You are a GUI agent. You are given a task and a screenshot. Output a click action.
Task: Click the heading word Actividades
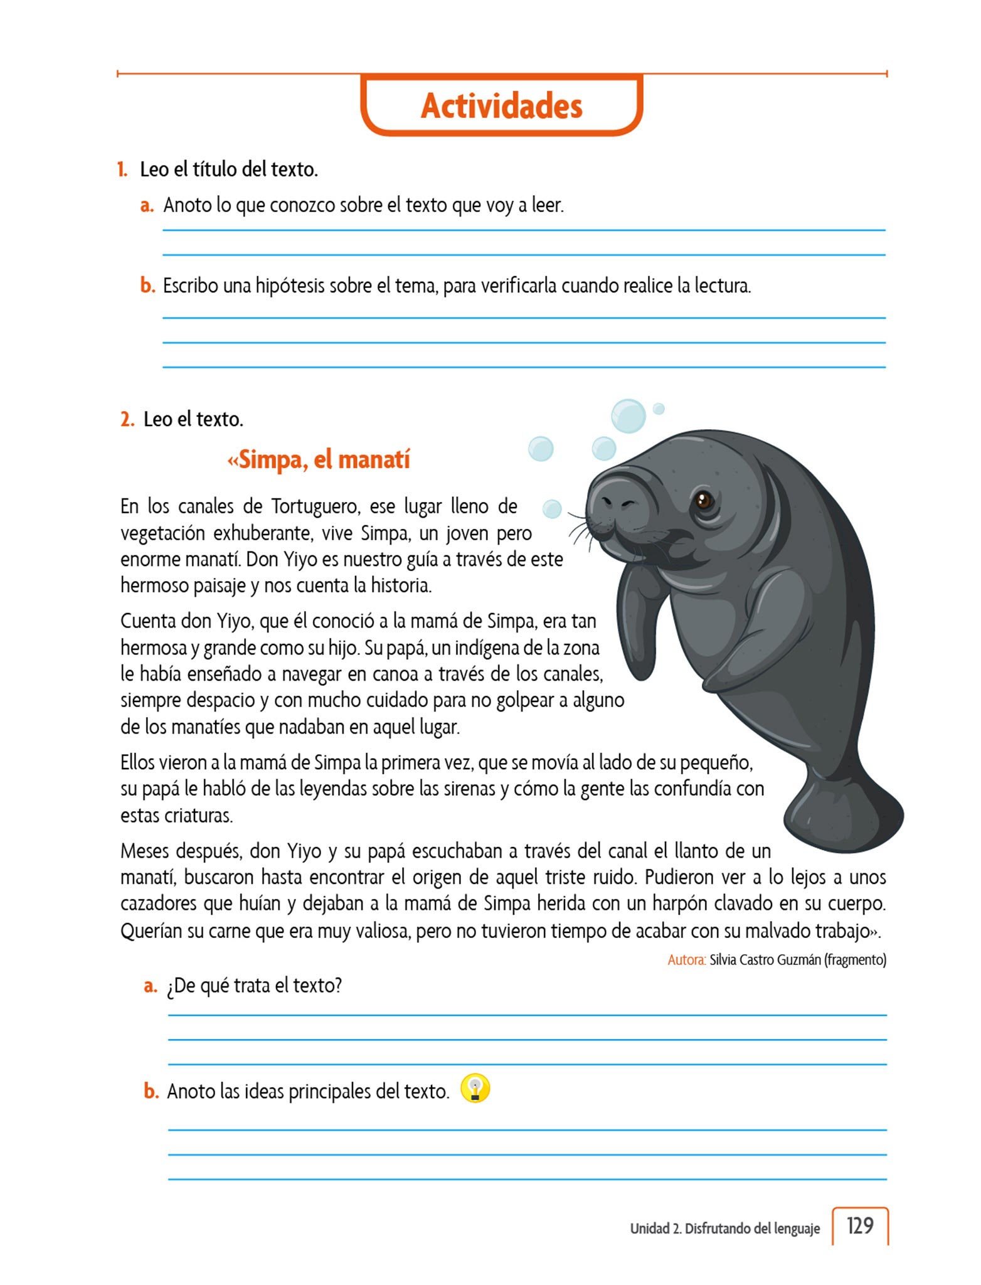501,105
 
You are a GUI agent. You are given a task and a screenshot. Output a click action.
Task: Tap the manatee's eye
703,500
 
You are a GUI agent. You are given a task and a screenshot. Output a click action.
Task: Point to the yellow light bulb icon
475,1089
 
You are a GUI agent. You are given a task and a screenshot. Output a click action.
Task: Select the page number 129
859,1225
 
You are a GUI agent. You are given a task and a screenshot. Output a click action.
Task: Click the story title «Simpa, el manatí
318,459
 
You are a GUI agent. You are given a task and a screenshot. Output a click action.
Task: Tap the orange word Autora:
687,959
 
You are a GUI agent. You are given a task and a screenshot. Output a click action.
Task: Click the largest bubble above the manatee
628,415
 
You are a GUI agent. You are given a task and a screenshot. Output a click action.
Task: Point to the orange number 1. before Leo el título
122,169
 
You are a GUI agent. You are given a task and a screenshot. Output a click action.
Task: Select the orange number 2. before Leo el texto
127,419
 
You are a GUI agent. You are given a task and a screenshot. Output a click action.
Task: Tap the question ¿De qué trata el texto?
254,986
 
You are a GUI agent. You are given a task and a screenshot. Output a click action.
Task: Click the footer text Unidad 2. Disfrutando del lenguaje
724,1229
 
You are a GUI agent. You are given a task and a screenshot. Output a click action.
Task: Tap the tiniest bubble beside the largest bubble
658,408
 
